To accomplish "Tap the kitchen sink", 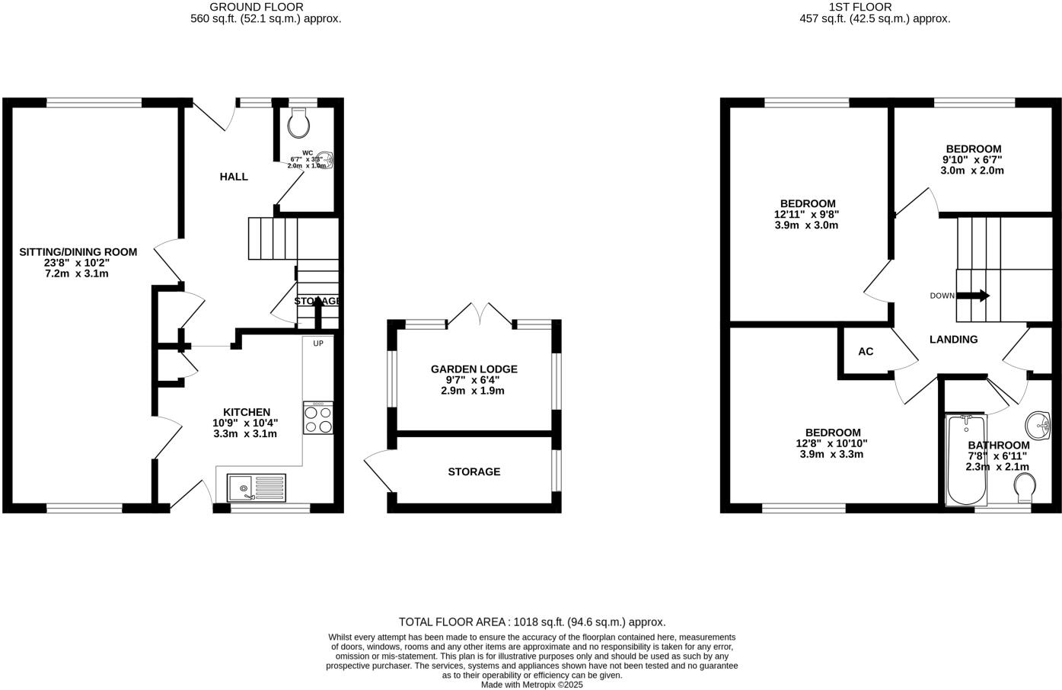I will coord(257,487).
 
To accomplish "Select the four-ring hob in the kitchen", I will coord(317,418).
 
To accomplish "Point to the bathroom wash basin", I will coord(1037,423).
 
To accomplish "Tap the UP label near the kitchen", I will coord(318,343).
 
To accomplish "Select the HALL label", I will coord(234,177).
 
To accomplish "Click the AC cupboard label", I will coord(866,351).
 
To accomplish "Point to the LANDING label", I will coord(953,340).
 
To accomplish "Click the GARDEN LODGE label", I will coord(474,369).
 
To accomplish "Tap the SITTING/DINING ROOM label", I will coord(78,252).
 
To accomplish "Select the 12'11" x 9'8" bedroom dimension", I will coord(807,215).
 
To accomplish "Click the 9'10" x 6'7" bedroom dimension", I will coord(972,160).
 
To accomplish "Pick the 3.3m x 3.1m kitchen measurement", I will coord(244,434).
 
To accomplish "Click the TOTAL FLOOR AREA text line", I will coord(532,622).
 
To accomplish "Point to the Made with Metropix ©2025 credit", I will coord(532,685).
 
